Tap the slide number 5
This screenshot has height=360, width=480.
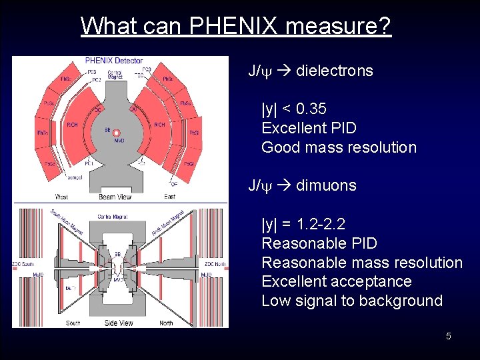click(x=449, y=336)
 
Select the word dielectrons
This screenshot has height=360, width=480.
click(x=334, y=71)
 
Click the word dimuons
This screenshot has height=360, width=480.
click(x=326, y=185)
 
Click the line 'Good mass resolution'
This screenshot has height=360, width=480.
click(x=339, y=147)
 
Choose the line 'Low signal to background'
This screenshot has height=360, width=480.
click(x=351, y=301)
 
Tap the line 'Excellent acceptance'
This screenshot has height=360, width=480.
click(x=336, y=281)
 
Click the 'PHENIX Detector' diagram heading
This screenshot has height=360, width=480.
click(x=114, y=61)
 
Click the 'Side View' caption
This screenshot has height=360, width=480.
click(x=119, y=323)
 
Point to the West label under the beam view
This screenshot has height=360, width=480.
click(x=61, y=197)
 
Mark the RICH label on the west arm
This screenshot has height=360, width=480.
click(x=72, y=125)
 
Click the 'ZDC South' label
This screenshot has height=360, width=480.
click(x=23, y=264)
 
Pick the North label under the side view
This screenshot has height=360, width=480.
click(x=166, y=323)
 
